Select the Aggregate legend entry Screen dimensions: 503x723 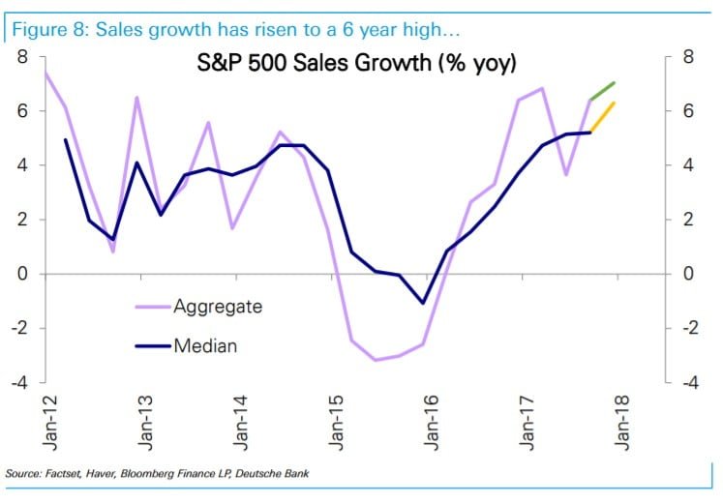coord(217,307)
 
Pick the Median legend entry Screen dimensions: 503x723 coord(205,344)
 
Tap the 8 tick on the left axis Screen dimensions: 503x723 coord(21,57)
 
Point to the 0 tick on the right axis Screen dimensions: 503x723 coord(687,274)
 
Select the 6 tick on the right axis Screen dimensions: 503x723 coord(687,111)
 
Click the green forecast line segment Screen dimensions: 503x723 coord(603,91)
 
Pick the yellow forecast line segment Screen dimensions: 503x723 coord(603,117)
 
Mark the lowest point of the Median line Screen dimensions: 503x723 coord(423,303)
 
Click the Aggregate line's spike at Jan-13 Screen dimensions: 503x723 coord(137,98)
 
